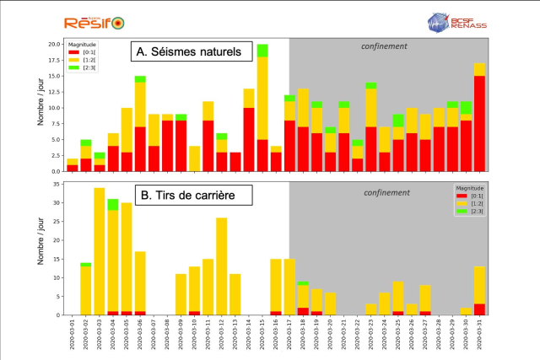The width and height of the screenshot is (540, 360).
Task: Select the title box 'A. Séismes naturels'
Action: click(188, 53)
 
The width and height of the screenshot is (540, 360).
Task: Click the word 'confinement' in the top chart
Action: click(384, 47)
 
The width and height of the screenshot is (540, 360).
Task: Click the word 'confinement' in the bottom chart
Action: click(387, 192)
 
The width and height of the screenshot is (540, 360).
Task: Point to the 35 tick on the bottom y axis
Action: click(56, 184)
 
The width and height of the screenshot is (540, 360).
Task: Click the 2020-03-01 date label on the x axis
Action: click(73, 336)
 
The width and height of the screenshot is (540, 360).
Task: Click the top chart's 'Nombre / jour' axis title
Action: click(40, 105)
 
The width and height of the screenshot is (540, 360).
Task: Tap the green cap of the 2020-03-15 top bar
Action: click(262, 50)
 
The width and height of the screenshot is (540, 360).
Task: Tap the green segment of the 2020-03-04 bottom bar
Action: click(112, 204)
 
